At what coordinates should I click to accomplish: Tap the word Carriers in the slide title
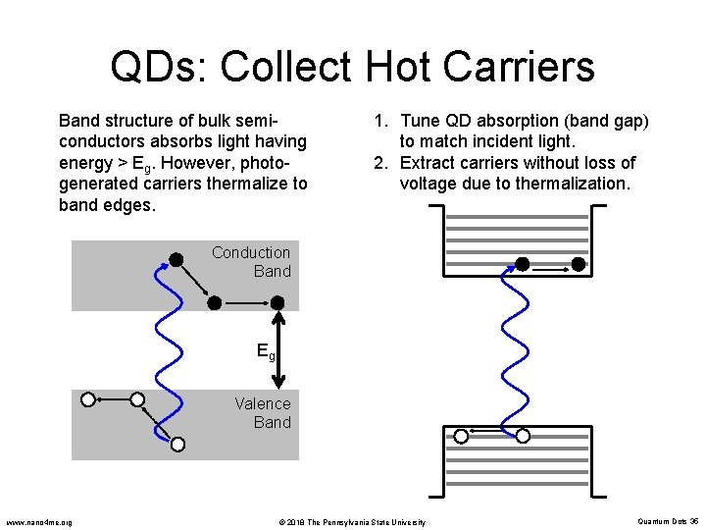[x=525, y=68]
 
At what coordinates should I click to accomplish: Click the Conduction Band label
[x=251, y=262]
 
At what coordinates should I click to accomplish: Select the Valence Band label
[x=263, y=412]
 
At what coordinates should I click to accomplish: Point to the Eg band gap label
[x=265, y=350]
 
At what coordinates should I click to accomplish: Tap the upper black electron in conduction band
[x=176, y=259]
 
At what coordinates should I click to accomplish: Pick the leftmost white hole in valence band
[x=88, y=399]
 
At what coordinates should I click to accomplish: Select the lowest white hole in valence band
[x=177, y=445]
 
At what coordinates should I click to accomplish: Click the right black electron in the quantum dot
[x=579, y=264]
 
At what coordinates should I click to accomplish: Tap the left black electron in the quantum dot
[x=523, y=264]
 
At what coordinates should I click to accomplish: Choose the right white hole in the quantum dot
[x=523, y=436]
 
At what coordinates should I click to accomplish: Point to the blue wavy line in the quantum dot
[x=509, y=348]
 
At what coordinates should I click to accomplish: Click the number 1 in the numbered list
[x=378, y=122]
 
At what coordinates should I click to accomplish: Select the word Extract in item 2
[x=431, y=163]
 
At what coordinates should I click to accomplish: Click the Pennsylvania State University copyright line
[x=351, y=521]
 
